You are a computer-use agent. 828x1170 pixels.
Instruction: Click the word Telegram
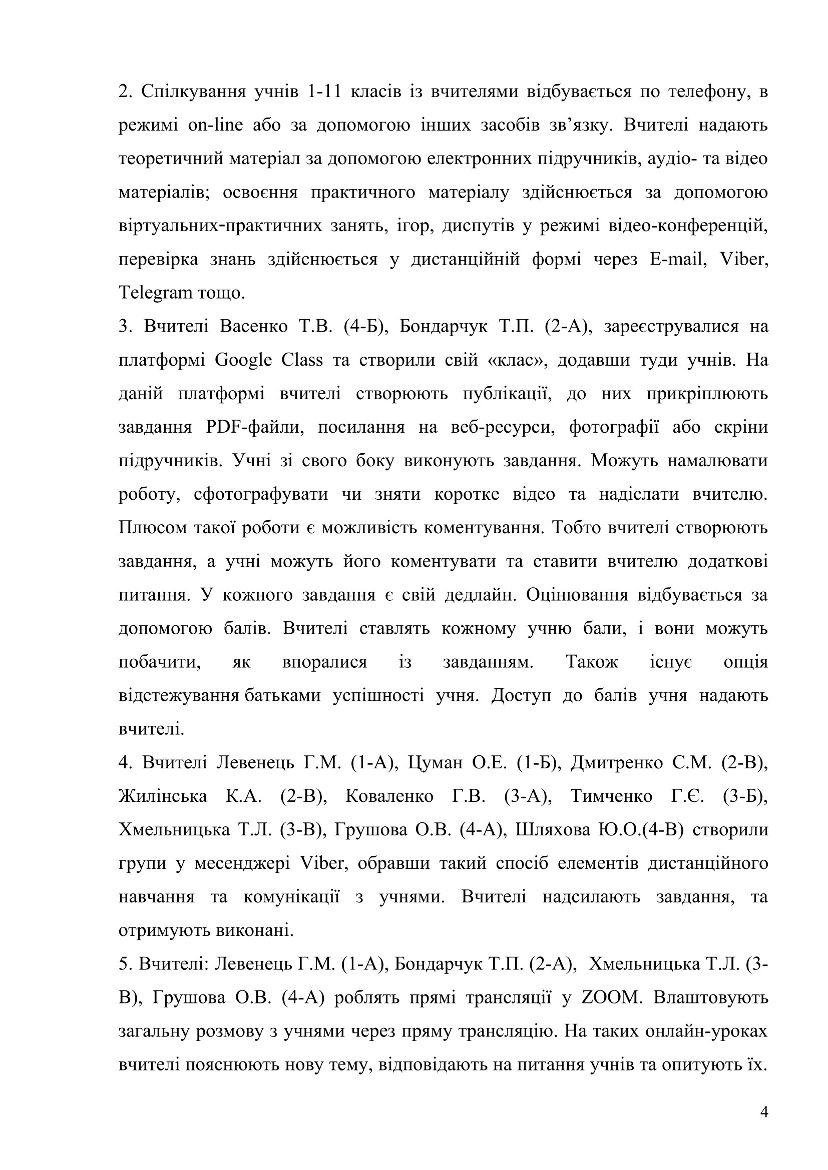(x=156, y=293)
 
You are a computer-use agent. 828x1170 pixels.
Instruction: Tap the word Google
(x=243, y=360)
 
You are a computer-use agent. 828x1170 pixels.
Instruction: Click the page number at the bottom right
(x=764, y=1111)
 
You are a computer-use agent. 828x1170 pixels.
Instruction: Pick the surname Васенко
(x=253, y=326)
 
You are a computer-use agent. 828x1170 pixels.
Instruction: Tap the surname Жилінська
(x=163, y=796)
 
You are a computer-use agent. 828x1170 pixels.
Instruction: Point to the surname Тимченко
(x=611, y=796)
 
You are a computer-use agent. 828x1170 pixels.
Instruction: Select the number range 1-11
(x=324, y=91)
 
